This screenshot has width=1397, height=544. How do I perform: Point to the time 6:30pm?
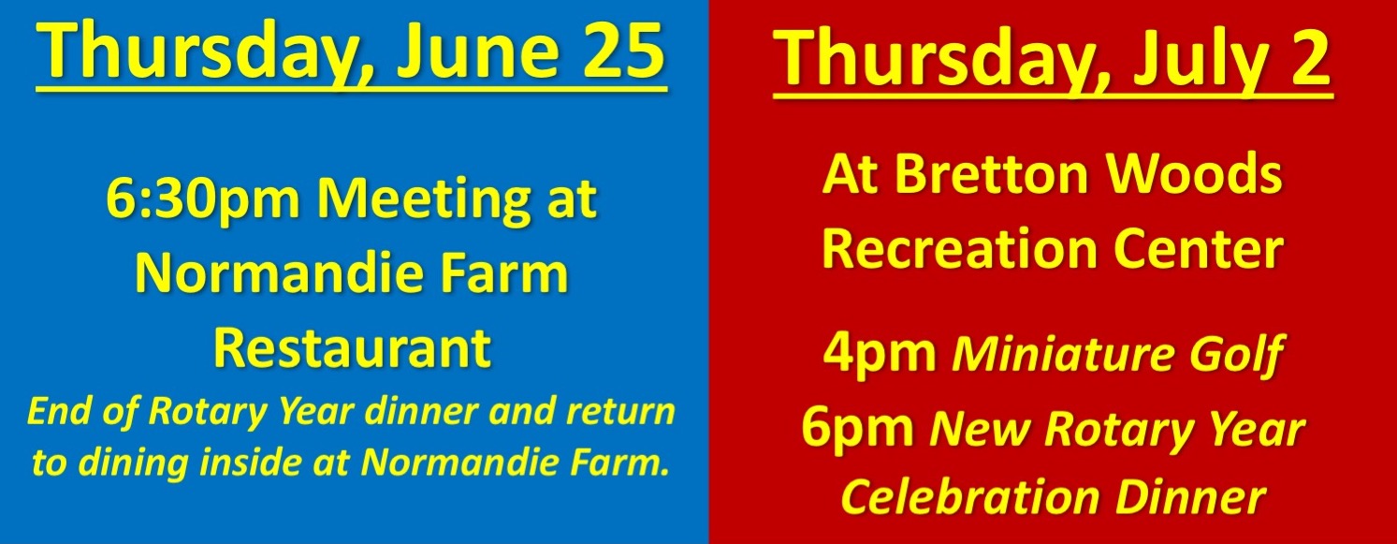click(203, 199)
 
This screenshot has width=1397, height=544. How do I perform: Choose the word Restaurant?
click(353, 348)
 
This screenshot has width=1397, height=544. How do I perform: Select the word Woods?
click(1194, 174)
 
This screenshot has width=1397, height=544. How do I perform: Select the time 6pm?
click(857, 428)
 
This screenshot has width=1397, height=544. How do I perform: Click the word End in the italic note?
click(58, 411)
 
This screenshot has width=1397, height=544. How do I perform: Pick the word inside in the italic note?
click(257, 462)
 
